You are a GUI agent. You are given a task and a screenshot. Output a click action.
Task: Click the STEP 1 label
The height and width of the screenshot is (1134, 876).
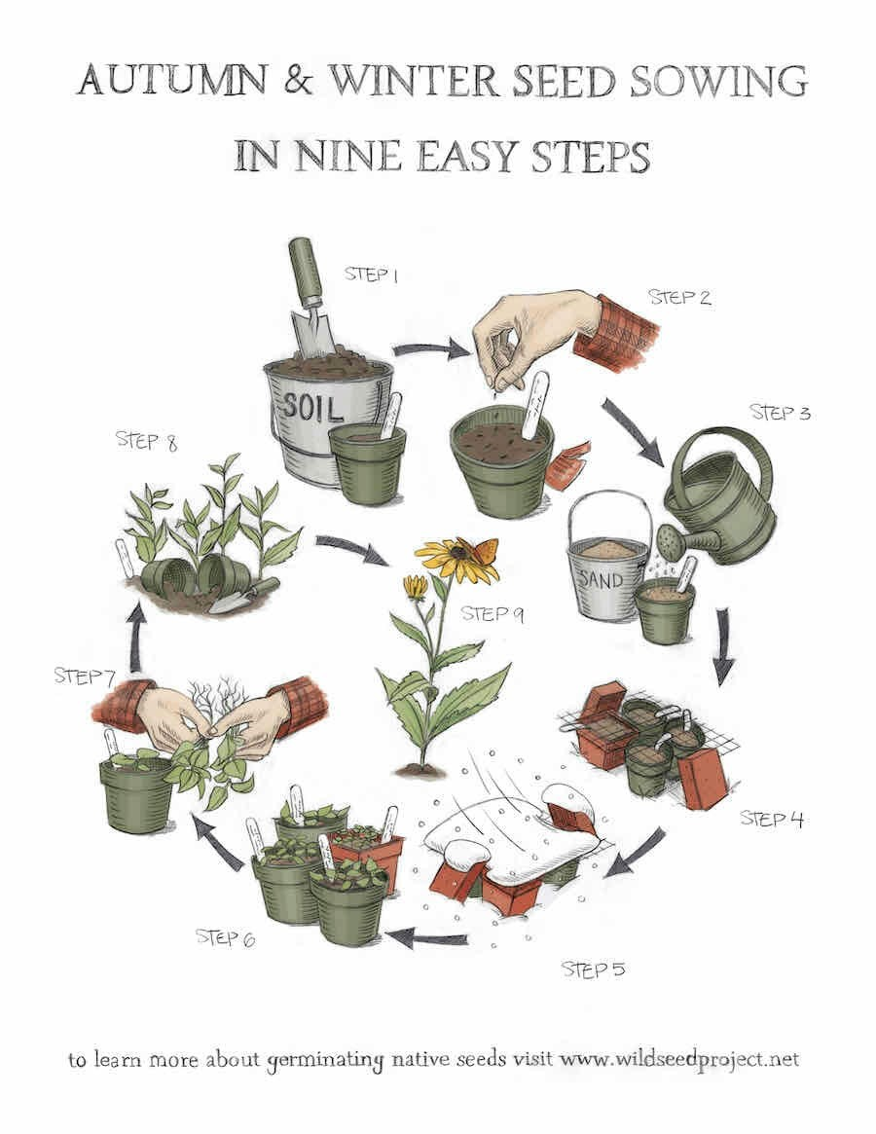click(x=371, y=274)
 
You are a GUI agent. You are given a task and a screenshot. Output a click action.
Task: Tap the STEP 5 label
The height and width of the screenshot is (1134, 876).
click(x=593, y=969)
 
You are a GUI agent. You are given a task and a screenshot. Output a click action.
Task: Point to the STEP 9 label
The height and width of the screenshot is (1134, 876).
click(x=492, y=614)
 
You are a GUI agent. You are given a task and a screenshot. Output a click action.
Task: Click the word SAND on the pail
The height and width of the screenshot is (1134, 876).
click(x=602, y=580)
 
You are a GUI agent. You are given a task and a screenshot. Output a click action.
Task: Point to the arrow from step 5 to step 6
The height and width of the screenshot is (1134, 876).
click(x=426, y=939)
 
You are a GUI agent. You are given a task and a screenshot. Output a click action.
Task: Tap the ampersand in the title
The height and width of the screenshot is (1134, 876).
click(x=298, y=79)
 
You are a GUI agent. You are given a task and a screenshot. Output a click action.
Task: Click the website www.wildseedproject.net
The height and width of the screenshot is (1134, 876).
click(x=680, y=1059)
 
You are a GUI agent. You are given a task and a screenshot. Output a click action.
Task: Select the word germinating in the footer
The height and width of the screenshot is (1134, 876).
click(x=325, y=1061)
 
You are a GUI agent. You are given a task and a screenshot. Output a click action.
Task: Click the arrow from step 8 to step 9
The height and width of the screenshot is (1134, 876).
click(x=352, y=549)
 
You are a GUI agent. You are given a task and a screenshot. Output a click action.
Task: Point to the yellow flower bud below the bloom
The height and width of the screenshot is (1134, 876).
click(x=415, y=587)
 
